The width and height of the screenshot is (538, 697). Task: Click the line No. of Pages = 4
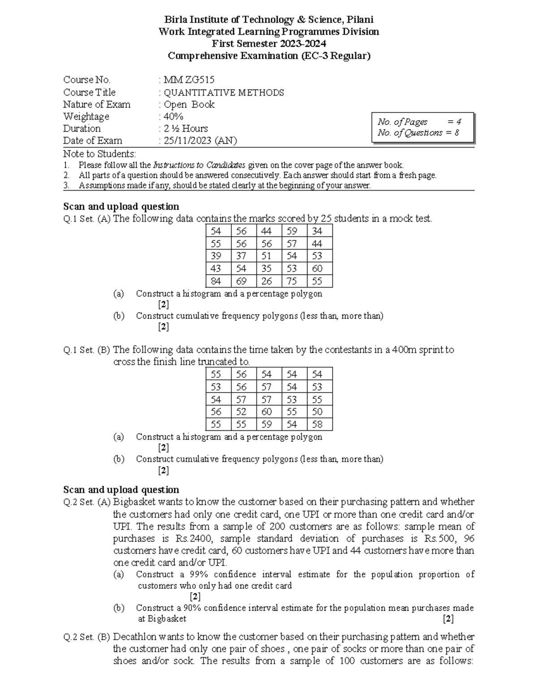(419, 122)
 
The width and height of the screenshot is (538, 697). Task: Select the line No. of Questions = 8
(418, 133)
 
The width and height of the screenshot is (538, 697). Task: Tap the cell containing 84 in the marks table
(216, 281)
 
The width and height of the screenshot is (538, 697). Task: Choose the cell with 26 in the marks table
(267, 281)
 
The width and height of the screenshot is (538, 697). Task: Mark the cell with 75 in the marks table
(292, 281)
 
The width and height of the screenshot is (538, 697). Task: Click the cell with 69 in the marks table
(242, 281)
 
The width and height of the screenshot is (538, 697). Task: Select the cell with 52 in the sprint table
(242, 412)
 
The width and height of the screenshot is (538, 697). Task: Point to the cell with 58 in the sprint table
(317, 425)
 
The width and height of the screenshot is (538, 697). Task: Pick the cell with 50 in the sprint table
(317, 412)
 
